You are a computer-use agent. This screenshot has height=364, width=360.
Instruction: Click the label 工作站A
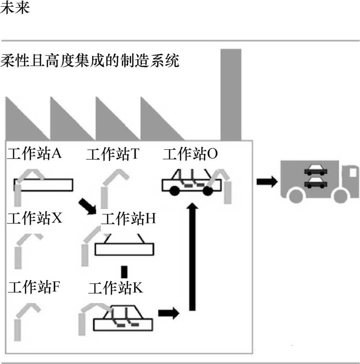point(35,154)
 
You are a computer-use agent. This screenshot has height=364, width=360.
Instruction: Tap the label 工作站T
point(113,154)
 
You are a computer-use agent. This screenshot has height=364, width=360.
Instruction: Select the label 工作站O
point(190,154)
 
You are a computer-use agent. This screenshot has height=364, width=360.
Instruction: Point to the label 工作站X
point(35,219)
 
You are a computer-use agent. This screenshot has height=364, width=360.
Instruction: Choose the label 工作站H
point(129,219)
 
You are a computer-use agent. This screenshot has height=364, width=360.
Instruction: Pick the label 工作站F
point(34,287)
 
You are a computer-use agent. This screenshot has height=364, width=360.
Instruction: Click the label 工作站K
point(116,288)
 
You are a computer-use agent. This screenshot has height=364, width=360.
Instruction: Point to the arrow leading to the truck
point(267,181)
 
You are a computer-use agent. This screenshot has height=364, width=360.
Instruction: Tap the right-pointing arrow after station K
point(168,313)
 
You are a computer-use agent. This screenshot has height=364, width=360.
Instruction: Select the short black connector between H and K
point(124,272)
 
